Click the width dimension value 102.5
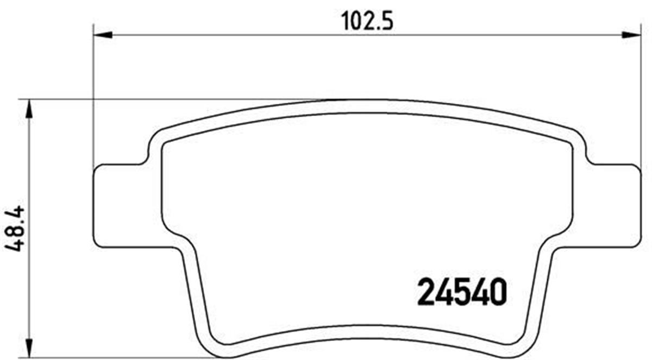click(x=367, y=22)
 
